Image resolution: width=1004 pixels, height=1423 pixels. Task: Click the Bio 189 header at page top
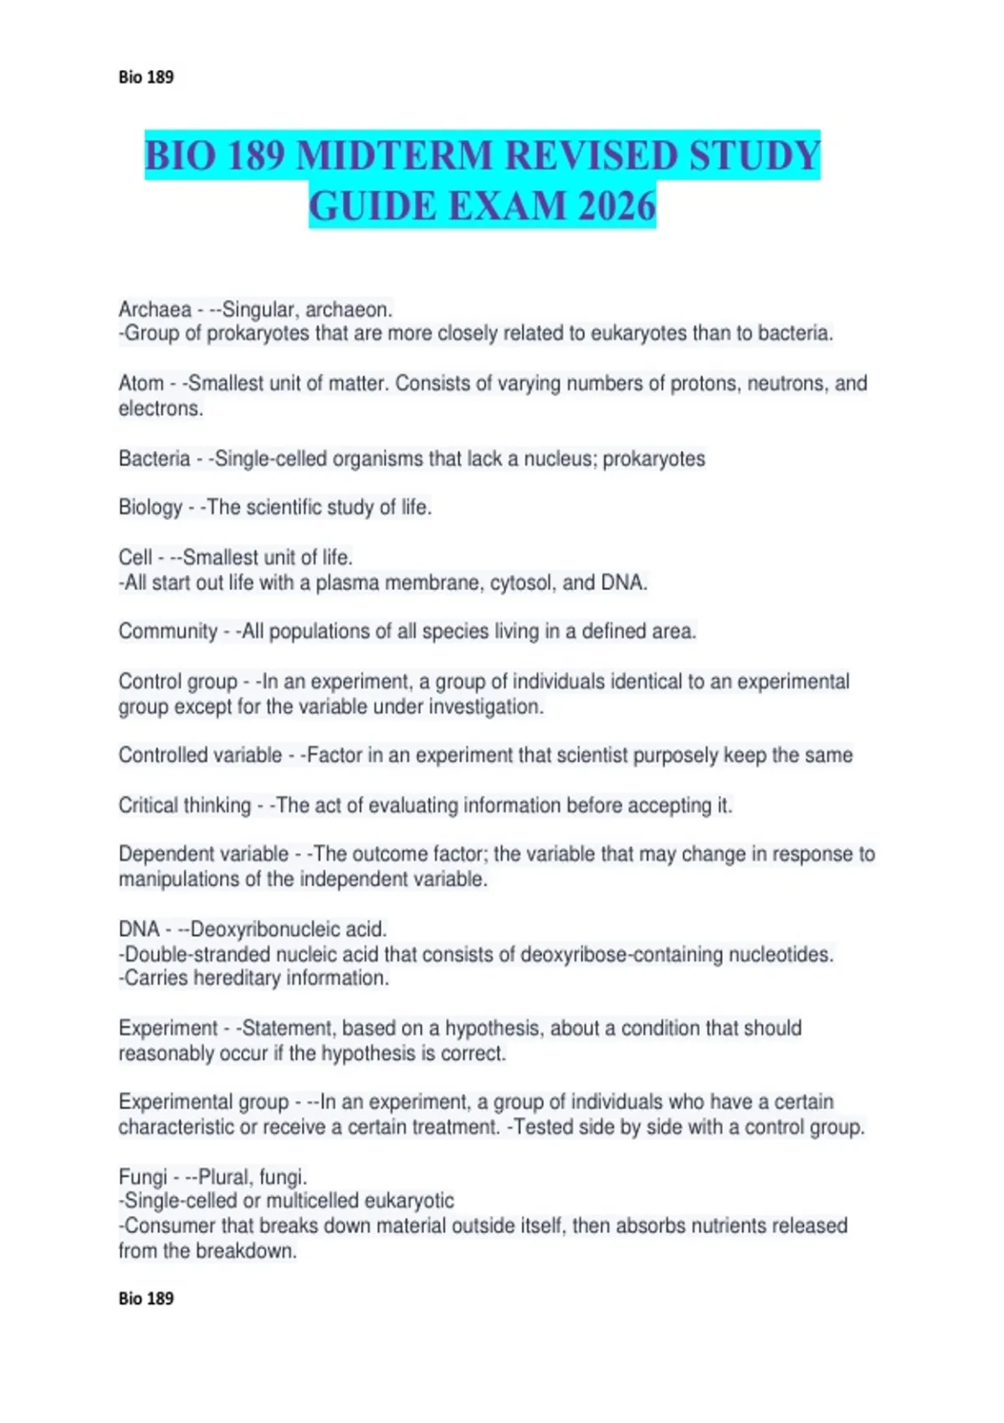pyautogui.click(x=146, y=77)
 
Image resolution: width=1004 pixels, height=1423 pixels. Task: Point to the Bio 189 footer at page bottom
pyautogui.click(x=146, y=1298)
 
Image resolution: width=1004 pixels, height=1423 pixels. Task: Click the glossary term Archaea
pyautogui.click(x=155, y=310)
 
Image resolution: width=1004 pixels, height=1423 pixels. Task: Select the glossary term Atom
pyautogui.click(x=141, y=383)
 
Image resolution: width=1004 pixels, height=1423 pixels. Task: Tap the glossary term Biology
pyautogui.click(x=151, y=507)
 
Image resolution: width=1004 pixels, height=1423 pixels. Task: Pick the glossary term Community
pyautogui.click(x=168, y=631)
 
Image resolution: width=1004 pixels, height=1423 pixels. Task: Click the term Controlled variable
pyautogui.click(x=200, y=755)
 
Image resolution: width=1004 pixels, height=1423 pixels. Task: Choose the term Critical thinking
pyautogui.click(x=185, y=805)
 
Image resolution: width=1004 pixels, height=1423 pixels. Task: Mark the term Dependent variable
pyautogui.click(x=203, y=854)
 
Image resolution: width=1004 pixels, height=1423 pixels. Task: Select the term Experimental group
pyautogui.click(x=203, y=1102)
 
